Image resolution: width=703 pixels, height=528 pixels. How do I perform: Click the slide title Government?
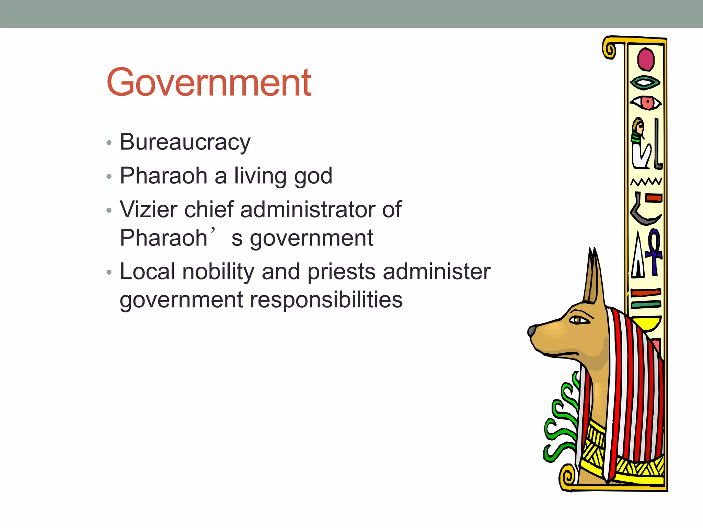click(209, 82)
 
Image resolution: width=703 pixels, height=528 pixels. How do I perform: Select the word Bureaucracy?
click(185, 142)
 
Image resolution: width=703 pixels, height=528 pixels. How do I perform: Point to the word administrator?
click(308, 209)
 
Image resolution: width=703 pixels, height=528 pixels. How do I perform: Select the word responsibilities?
click(326, 300)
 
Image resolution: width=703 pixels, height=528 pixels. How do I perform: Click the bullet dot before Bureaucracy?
click(109, 143)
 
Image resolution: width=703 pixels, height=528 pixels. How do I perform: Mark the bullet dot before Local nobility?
click(109, 272)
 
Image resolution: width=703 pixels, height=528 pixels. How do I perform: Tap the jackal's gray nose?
click(532, 331)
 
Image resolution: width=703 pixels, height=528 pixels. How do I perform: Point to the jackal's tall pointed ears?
click(593, 275)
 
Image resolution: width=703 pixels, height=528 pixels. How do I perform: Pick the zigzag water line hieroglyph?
click(646, 181)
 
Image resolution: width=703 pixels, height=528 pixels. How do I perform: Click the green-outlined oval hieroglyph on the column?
click(645, 82)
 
